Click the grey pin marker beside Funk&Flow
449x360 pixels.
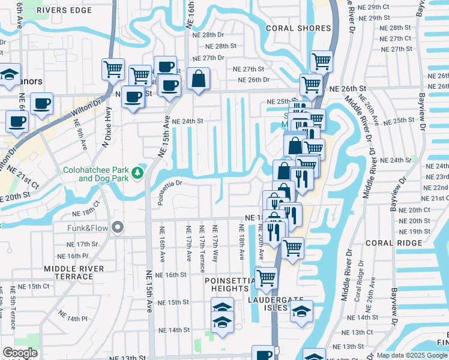pos(118,228)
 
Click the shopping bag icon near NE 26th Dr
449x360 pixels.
pos(197,79)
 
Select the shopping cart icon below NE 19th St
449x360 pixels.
pos(292,247)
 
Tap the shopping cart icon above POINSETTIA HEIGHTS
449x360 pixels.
pos(266,277)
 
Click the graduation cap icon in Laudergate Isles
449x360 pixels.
pos(301,311)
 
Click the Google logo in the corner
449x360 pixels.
pos(20,353)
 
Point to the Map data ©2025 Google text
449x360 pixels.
pos(412,355)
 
